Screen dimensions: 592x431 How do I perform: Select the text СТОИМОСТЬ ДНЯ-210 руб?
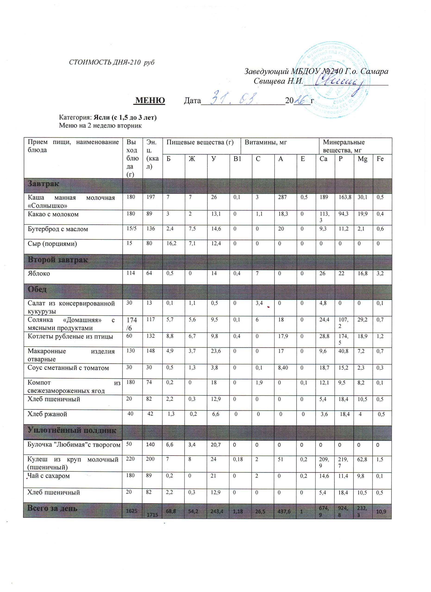pos(112,62)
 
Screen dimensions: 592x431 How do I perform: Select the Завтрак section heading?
pos(44,184)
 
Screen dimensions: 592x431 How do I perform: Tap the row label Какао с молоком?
pos(53,214)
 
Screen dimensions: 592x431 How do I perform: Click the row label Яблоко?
pos(39,274)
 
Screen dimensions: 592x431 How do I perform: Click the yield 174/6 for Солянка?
pos(132,324)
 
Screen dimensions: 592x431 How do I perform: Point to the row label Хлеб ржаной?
pos(47,414)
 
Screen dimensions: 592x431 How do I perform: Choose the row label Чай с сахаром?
pos(49,476)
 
